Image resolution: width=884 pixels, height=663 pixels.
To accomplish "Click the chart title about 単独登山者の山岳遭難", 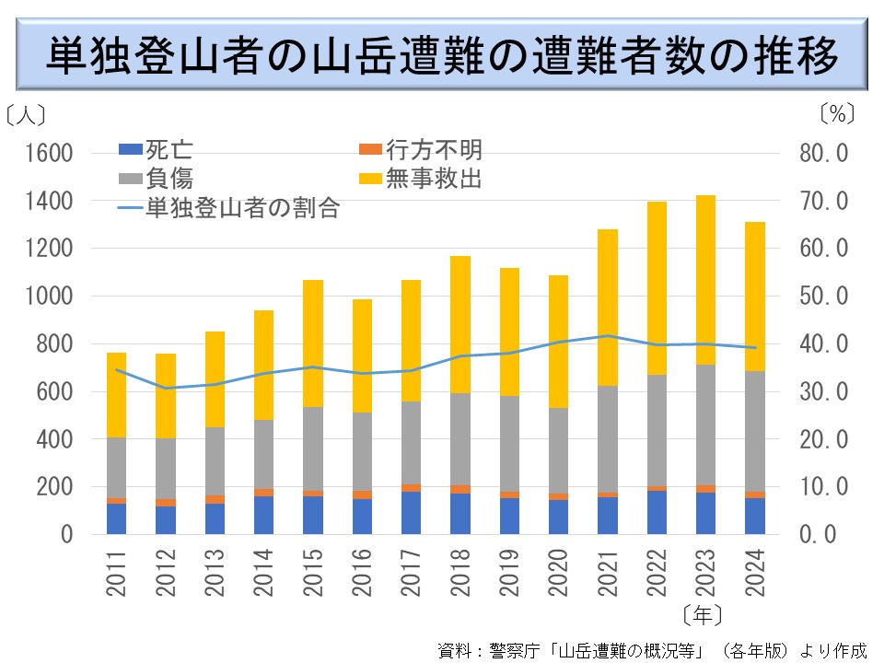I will pos(442,54).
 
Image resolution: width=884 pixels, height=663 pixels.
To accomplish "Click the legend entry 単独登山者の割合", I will pos(230,208).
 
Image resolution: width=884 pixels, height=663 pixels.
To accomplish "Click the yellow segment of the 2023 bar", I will pos(705,280).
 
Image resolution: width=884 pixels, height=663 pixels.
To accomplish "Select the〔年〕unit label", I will pos(704,613).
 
